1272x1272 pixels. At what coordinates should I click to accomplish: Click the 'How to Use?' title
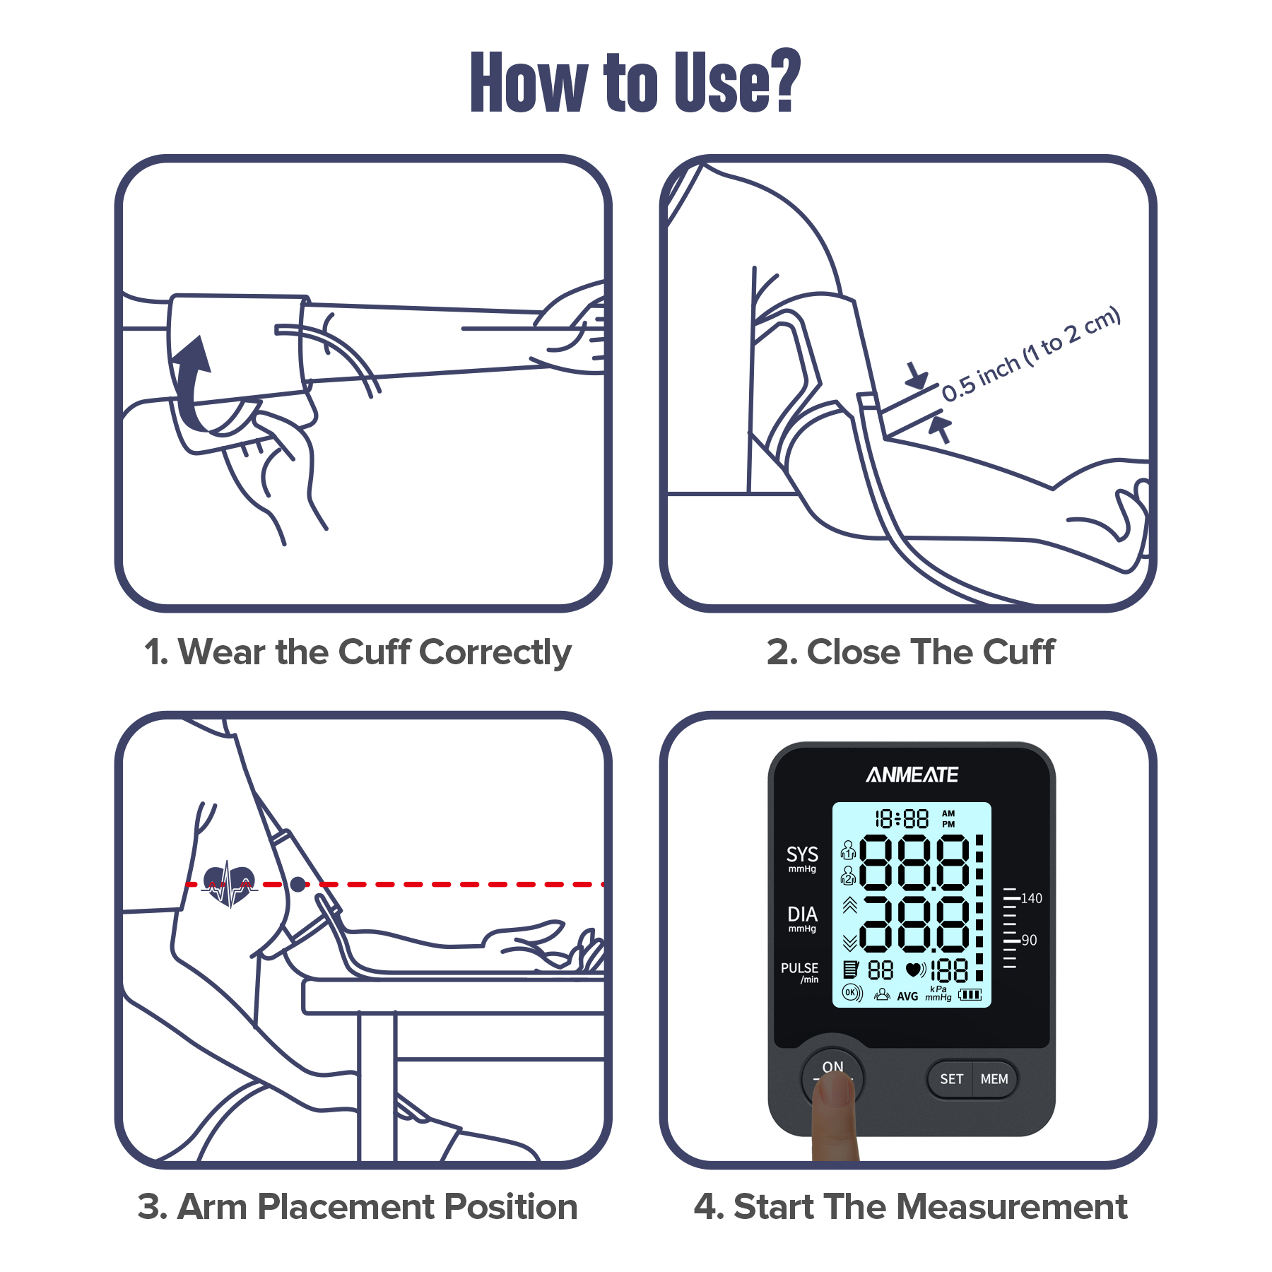click(x=635, y=82)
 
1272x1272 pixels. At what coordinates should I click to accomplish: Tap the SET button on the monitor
click(x=951, y=1079)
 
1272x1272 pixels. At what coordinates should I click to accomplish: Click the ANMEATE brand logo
click(x=912, y=775)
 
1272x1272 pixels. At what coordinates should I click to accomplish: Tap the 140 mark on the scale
click(x=1031, y=898)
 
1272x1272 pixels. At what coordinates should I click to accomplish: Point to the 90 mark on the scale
click(x=1029, y=941)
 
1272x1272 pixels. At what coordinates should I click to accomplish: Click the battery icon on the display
click(x=970, y=995)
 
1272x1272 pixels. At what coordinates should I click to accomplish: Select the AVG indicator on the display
click(x=907, y=996)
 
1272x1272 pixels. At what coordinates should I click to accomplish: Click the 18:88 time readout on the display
click(x=902, y=819)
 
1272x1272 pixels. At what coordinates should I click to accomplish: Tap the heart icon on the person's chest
click(x=228, y=884)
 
